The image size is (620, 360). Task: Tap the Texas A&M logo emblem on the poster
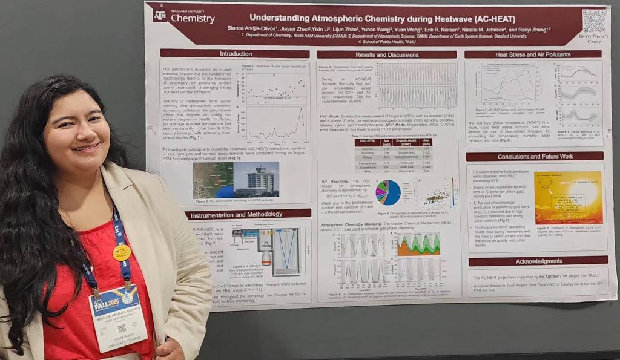[160, 16]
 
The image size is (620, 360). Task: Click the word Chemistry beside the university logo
[193, 19]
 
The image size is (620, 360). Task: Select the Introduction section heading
[235, 54]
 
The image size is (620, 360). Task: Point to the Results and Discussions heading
[386, 54]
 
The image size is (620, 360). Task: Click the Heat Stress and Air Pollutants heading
[534, 54]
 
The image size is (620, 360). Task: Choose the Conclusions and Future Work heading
[535, 157]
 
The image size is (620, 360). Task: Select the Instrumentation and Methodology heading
[248, 214]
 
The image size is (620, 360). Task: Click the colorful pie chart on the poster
[388, 192]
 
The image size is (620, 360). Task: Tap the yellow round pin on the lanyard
[121, 252]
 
